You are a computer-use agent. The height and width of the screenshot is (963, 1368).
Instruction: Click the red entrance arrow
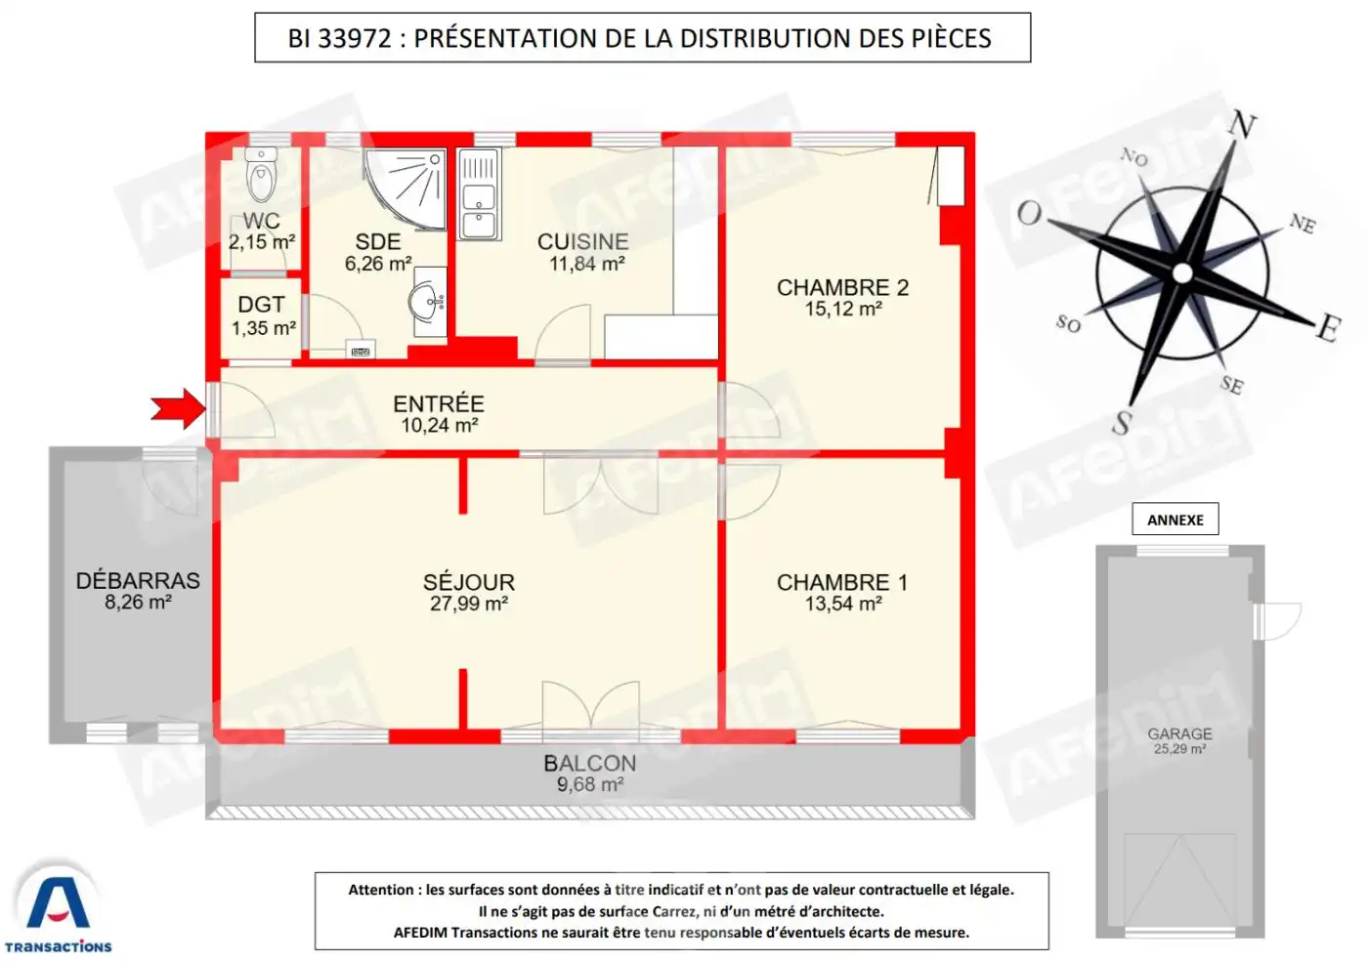point(178,409)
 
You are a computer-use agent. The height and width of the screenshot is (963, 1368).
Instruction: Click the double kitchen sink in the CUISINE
point(479,194)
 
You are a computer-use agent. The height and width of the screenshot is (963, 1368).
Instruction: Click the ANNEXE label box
point(1175,520)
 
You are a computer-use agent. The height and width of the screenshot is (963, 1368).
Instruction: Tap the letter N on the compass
point(1242,124)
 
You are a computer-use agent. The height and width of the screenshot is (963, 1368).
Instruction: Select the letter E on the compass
point(1328,329)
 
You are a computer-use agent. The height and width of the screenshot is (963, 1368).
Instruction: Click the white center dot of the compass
point(1182,273)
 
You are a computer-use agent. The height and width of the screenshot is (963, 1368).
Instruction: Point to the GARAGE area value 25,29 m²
point(1179,749)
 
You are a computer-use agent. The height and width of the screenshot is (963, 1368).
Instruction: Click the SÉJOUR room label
point(469,582)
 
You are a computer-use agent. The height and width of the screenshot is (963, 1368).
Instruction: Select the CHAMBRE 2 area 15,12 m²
point(842,309)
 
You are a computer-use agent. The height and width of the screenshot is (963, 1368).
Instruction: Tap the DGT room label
point(262,305)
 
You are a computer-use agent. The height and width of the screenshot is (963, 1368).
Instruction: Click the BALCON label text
point(590,764)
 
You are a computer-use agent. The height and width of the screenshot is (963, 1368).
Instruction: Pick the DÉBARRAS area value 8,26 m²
point(138,603)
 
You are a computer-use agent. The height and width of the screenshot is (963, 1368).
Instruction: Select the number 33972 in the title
point(355,38)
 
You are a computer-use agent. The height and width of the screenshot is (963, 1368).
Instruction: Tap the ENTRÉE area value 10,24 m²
point(439,426)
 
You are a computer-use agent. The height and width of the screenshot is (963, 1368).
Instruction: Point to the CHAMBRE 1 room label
point(842,583)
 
